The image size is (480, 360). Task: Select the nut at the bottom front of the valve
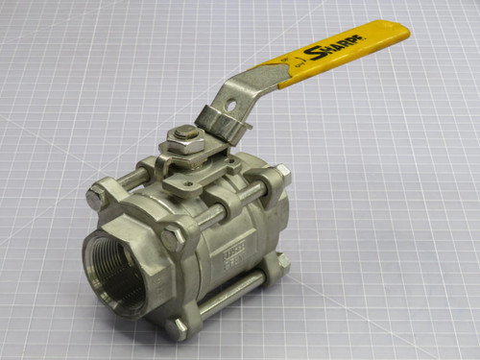(x=179, y=326)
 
